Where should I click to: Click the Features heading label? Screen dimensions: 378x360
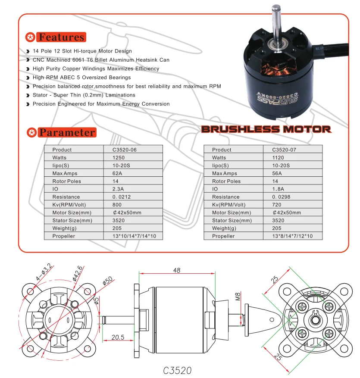[61, 37]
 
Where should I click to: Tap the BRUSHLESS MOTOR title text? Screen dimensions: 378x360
[266, 129]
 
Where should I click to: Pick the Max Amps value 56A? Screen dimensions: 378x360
[277, 173]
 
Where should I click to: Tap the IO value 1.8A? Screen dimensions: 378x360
[278, 189]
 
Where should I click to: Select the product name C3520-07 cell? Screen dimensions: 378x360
[284, 150]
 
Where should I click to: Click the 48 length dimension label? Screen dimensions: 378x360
[177, 270]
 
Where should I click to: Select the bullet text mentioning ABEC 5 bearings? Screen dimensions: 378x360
[82, 78]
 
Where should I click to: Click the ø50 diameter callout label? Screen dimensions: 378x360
[107, 281]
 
